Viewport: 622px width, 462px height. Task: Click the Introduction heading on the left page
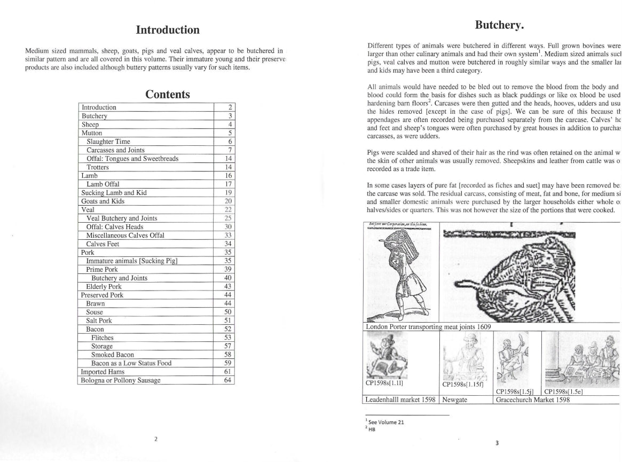(168, 30)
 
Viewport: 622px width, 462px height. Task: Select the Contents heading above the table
(168, 95)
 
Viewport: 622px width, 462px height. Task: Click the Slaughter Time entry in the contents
(108, 142)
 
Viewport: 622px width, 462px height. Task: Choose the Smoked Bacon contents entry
(113, 355)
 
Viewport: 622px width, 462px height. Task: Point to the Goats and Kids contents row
(103, 201)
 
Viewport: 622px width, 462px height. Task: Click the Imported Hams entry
(103, 372)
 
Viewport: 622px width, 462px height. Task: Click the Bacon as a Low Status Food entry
(131, 363)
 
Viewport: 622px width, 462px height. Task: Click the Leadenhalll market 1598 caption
(400, 400)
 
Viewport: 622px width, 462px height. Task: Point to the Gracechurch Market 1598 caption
(532, 400)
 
